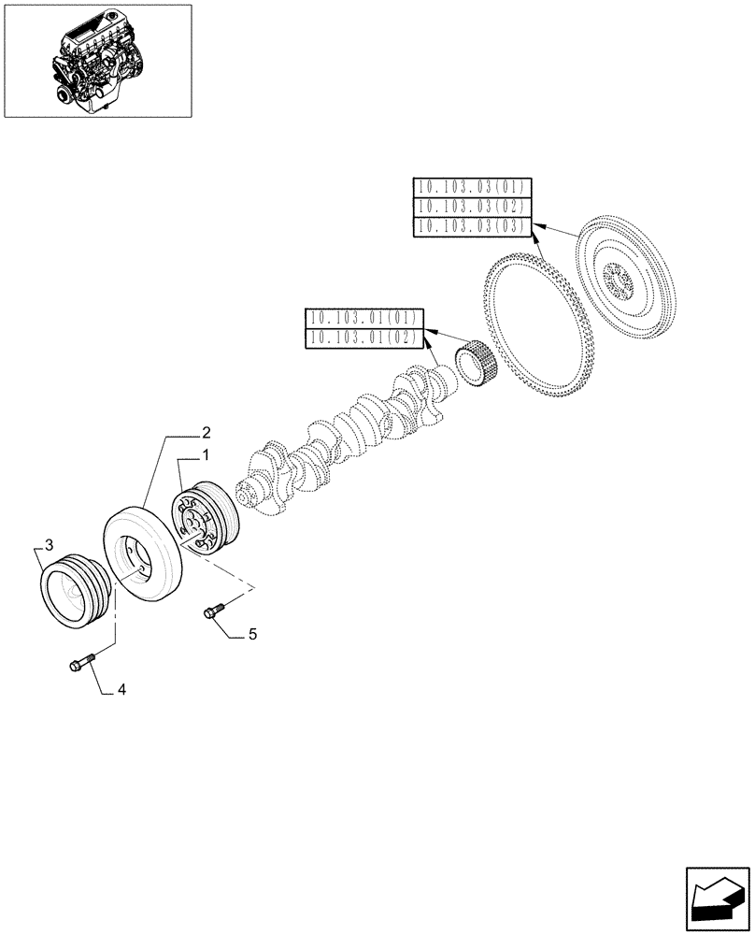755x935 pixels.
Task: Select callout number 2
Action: [x=205, y=433]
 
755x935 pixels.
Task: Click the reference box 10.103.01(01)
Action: [x=363, y=318]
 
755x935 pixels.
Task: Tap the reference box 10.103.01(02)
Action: [x=363, y=338]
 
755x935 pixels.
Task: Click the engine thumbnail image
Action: [x=97, y=61]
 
